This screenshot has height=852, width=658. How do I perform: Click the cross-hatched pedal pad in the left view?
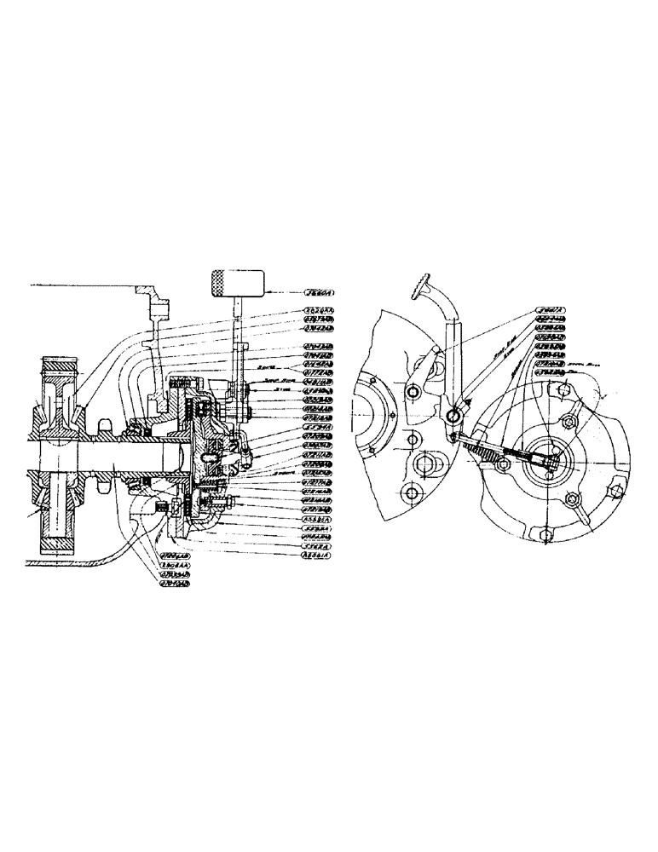tap(236, 281)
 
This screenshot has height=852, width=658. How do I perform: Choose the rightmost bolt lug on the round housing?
tap(611, 489)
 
